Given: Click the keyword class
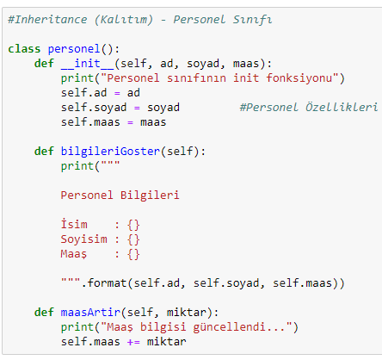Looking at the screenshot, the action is point(24,49).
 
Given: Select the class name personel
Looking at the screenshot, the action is point(74,49).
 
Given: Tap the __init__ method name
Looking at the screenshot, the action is point(88,64).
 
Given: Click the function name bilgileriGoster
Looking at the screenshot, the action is point(110,152).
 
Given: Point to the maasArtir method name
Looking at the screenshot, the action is point(90,312).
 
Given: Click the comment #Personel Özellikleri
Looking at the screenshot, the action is point(309,108).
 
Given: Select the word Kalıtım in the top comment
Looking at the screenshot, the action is point(124,20).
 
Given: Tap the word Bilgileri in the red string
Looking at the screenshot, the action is point(150,196).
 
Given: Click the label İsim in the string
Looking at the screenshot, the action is point(74,224).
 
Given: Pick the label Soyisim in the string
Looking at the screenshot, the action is point(83,239).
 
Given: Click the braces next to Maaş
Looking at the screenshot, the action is point(133,254).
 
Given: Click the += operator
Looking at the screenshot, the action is point(133,342).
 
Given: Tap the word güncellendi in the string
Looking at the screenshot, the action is point(229,327).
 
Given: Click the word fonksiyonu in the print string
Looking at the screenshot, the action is point(299,78).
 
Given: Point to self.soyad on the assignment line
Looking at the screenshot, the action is point(94,108).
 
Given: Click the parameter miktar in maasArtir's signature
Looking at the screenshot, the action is point(187,313).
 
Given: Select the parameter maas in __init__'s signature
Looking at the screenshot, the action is point(246,64).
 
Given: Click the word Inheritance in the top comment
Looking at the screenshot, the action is point(51,20).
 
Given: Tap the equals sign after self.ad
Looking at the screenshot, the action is point(117,94).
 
